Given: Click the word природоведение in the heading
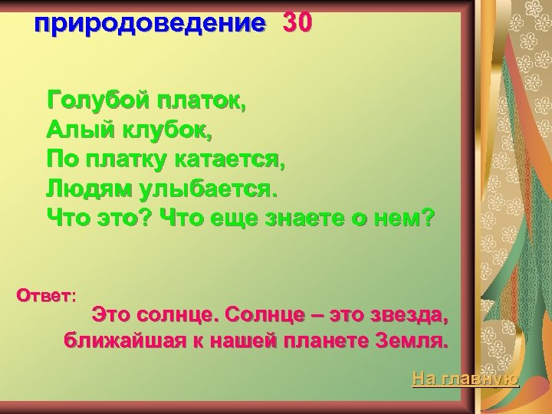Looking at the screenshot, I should tap(149, 24).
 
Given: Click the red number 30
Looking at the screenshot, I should tap(297, 24).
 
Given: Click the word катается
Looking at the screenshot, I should tap(234, 159).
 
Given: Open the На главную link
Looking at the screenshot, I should tap(465, 378).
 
